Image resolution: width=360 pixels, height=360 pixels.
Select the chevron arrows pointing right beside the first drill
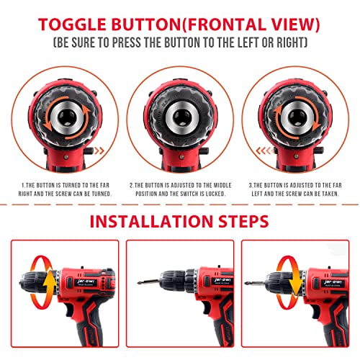[106, 152]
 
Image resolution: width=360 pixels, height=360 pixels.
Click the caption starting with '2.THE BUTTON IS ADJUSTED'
[179, 189]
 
